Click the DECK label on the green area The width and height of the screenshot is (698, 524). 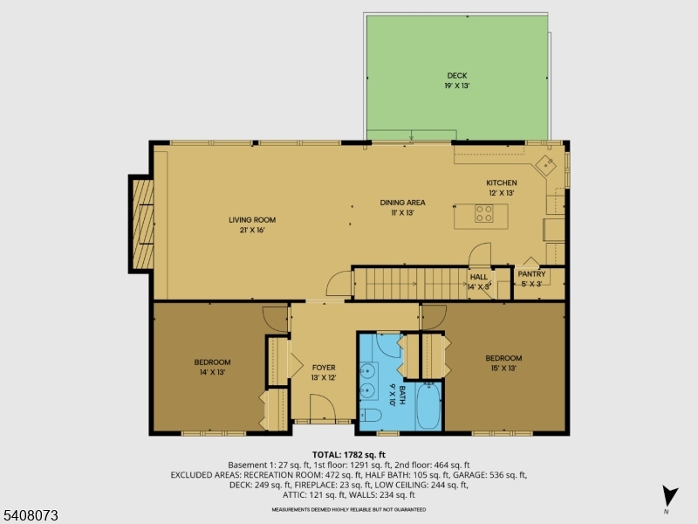click(x=457, y=75)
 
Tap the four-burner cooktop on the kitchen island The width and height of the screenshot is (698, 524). click(x=484, y=211)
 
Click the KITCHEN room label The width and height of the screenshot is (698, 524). click(x=502, y=183)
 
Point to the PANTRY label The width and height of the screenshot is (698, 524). click(x=531, y=273)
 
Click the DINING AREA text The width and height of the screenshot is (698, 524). click(x=402, y=203)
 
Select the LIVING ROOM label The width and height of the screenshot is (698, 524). click(x=252, y=220)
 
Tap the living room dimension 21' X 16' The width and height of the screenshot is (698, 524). click(x=252, y=231)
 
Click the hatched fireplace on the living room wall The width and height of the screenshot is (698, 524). click(x=142, y=223)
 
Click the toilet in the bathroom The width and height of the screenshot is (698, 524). click(x=370, y=415)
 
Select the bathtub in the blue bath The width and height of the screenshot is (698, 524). click(x=428, y=408)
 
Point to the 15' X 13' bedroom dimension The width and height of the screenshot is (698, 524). click(x=503, y=369)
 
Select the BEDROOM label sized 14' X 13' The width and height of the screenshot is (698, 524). click(x=212, y=362)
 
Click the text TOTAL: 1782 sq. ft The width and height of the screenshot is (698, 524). click(x=349, y=455)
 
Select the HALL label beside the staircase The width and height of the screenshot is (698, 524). click(x=479, y=276)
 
